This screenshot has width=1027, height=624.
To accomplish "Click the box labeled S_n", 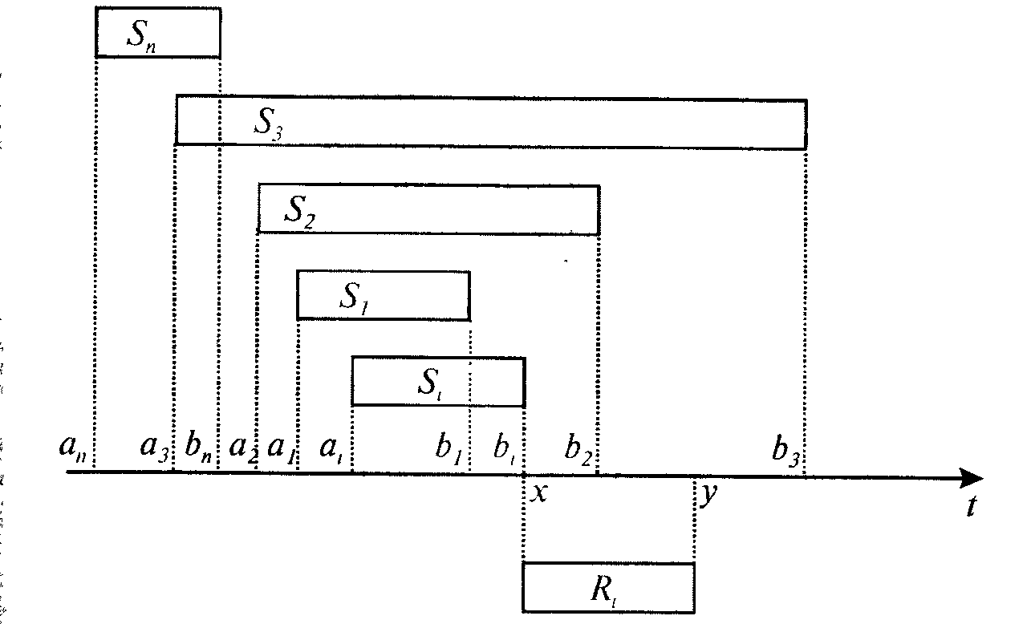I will (x=157, y=32).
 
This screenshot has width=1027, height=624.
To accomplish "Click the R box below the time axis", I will (x=608, y=587).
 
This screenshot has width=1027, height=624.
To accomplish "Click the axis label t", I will (x=972, y=506).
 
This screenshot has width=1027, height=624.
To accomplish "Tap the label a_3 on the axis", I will (x=154, y=448).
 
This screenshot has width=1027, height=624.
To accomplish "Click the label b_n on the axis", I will (x=197, y=448).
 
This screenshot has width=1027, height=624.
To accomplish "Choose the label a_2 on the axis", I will (x=242, y=448).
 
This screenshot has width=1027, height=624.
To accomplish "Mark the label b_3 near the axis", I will (x=785, y=450).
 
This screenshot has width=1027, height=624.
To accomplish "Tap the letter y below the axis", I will (x=707, y=495).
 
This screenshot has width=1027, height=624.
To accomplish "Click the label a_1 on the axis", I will (x=281, y=448).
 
